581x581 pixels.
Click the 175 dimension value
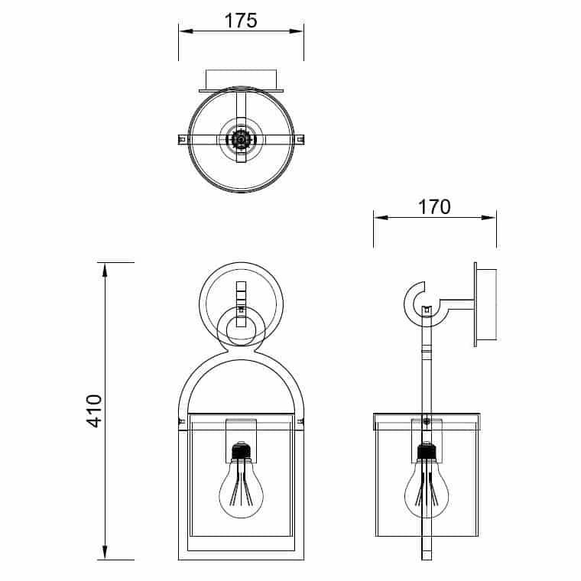[241, 21]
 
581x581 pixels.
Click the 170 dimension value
[434, 207]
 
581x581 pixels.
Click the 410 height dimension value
[94, 411]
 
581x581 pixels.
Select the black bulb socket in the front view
[242, 450]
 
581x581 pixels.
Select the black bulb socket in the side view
[427, 450]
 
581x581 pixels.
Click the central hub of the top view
[242, 140]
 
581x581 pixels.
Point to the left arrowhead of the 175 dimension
[186, 31]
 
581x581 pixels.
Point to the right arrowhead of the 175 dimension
[297, 31]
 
